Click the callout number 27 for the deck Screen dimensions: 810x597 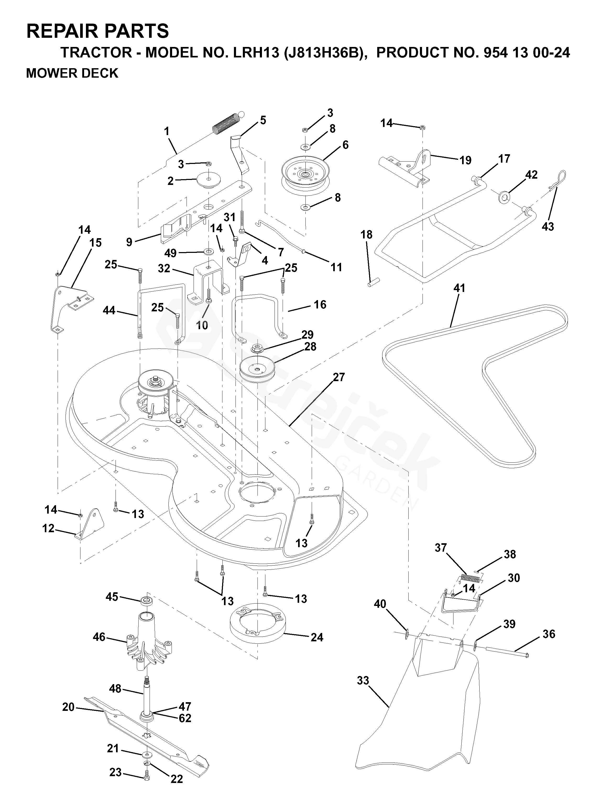tap(339, 377)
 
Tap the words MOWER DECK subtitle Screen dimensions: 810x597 tap(72, 73)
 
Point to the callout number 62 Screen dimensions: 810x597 tap(185, 718)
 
